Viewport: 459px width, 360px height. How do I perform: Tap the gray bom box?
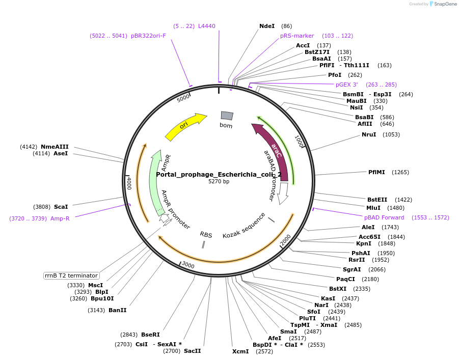[x=227, y=116]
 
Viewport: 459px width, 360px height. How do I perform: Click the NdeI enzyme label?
[x=267, y=26]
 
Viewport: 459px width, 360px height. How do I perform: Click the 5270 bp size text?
[x=219, y=181]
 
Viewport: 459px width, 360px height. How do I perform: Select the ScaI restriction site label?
[x=61, y=207]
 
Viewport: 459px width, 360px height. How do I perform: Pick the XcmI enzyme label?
[x=240, y=351]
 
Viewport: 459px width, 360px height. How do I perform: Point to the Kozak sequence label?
[x=244, y=226]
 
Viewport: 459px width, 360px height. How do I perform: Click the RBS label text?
[x=206, y=235]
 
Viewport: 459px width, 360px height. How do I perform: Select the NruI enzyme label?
[x=369, y=134]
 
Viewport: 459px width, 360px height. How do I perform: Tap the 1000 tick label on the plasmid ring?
[x=299, y=141]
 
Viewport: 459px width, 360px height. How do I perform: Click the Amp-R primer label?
[x=60, y=218]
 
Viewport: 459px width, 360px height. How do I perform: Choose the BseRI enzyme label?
[x=150, y=335]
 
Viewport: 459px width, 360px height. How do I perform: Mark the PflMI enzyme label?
[x=377, y=172]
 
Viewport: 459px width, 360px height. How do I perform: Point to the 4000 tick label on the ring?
[x=129, y=183]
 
